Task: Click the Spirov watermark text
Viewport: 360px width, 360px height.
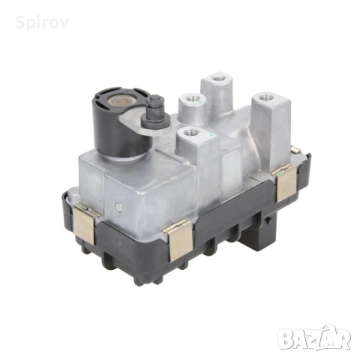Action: (x=42, y=22)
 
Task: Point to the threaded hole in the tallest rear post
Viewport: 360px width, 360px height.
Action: (x=217, y=79)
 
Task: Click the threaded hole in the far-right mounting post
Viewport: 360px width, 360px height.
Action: (x=265, y=97)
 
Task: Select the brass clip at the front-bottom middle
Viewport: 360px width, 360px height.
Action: (x=179, y=241)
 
